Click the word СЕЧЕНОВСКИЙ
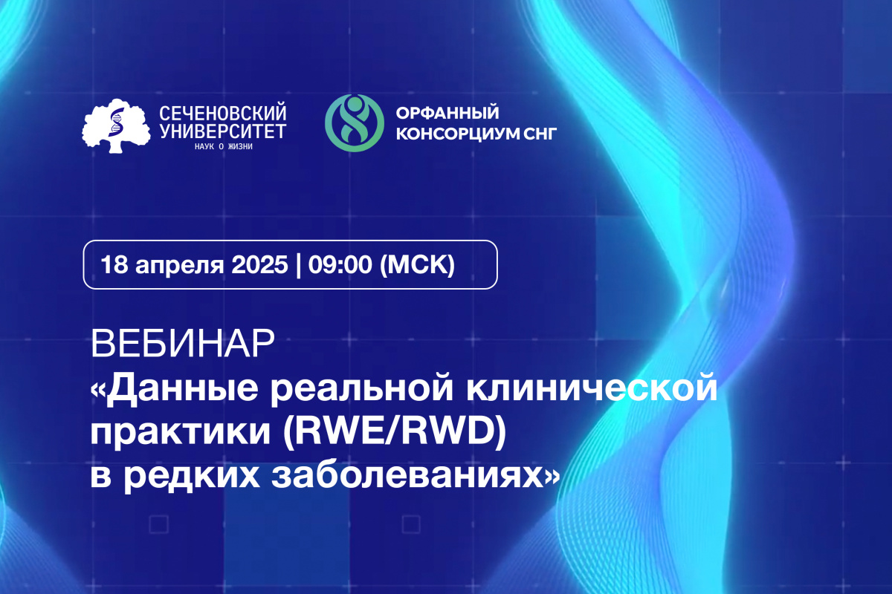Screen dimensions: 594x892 (223, 114)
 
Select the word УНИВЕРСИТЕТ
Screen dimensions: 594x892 (223, 131)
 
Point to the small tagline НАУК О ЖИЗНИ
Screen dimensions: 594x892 (223, 146)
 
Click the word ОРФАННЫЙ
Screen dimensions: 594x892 (446, 113)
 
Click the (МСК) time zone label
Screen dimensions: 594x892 (417, 264)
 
